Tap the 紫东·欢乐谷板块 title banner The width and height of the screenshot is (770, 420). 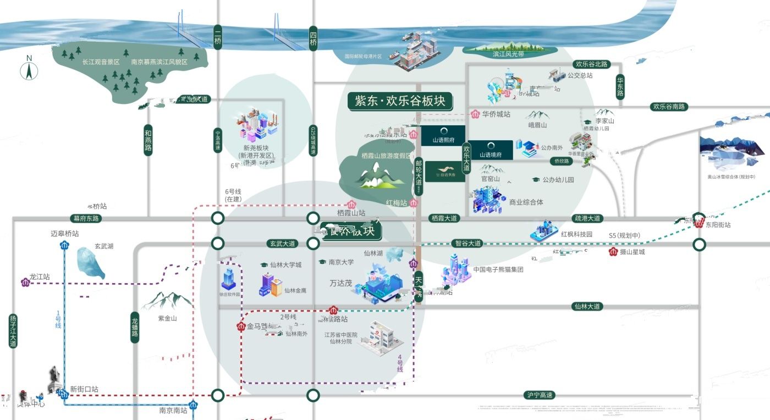[x=400, y=101]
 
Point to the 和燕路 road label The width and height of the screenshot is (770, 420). [x=148, y=140]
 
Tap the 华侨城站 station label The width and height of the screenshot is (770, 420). [x=496, y=114]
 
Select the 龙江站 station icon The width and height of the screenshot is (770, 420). [x=25, y=283]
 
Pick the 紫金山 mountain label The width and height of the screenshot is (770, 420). [x=167, y=318]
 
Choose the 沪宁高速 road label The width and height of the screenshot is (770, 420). [x=540, y=395]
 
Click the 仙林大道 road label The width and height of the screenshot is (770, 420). [x=586, y=306]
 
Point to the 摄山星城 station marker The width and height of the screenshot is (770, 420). [x=613, y=252]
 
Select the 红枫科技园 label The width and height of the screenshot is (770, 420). [x=576, y=234]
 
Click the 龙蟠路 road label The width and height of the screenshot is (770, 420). [x=135, y=327]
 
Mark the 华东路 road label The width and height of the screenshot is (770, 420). [x=620, y=86]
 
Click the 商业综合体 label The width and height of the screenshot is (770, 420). [x=526, y=202]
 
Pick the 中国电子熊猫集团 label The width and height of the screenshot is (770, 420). [x=498, y=270]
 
